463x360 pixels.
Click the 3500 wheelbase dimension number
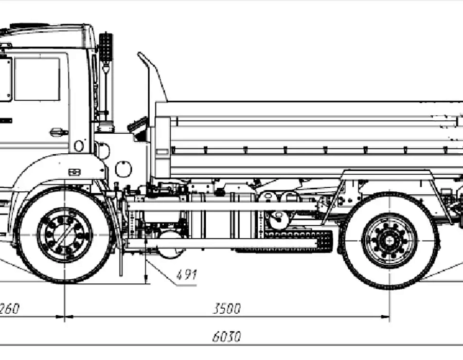[227, 309]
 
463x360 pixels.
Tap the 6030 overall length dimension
[226, 337]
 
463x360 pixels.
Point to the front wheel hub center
[65, 234]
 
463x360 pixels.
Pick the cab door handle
[59, 132]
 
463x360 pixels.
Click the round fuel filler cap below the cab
[123, 169]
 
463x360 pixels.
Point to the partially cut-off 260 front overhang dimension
[9, 309]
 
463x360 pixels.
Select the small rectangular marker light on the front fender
[74, 172]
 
